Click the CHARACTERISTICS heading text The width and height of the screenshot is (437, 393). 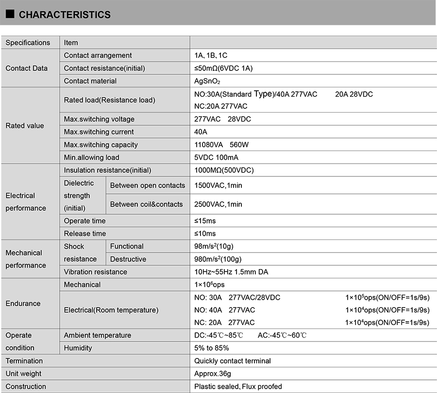pyautogui.click(x=65, y=15)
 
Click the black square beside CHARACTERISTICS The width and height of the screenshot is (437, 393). pyautogui.click(x=9, y=15)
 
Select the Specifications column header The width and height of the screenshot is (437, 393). pyautogui.click(x=28, y=43)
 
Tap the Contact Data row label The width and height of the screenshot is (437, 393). pyautogui.click(x=27, y=68)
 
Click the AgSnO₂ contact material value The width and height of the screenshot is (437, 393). pyautogui.click(x=207, y=81)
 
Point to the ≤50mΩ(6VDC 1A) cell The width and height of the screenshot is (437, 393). pyautogui.click(x=223, y=68)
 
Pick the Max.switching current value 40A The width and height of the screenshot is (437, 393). pyautogui.click(x=201, y=132)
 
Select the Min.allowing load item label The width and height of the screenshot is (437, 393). pyautogui.click(x=91, y=157)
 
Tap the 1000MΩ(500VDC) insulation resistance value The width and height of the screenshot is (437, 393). pyautogui.click(x=224, y=171)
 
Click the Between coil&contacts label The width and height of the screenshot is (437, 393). pyautogui.click(x=147, y=205)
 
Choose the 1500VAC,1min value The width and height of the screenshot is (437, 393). pyautogui.click(x=218, y=186)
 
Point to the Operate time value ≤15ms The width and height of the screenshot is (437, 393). pyautogui.click(x=205, y=221)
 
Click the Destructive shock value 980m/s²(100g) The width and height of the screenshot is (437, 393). pyautogui.click(x=218, y=259)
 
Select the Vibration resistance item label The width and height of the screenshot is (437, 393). pyautogui.click(x=96, y=272)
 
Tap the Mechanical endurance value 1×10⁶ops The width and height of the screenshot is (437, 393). pyautogui.click(x=209, y=285)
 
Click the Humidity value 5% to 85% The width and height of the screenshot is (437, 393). pyautogui.click(x=212, y=348)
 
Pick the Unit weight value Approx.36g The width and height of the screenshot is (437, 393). pyautogui.click(x=213, y=374)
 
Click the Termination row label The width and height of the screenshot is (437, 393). pyautogui.click(x=24, y=361)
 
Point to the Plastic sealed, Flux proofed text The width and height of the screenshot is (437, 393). pyautogui.click(x=238, y=387)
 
